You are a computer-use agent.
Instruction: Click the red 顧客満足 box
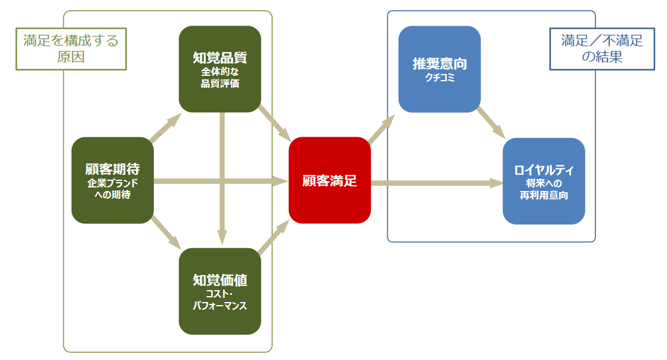[x=329, y=180]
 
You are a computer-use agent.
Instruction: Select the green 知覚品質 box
[x=220, y=69]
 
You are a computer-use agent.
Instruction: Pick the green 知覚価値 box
[x=220, y=291]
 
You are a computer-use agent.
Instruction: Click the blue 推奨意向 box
[x=439, y=69]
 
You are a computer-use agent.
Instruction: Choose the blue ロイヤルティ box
[x=544, y=181]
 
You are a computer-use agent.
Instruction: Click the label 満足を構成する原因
[x=71, y=49]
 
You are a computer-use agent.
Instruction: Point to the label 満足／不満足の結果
[x=601, y=49]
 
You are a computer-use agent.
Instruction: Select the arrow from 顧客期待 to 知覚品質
[x=166, y=128]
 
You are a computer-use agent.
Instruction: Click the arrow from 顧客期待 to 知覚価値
[x=166, y=232]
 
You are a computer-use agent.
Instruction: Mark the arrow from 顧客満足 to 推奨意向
[x=382, y=128]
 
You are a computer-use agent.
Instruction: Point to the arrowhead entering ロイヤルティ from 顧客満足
[x=496, y=182]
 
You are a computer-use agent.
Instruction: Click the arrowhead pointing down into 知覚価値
[x=222, y=239]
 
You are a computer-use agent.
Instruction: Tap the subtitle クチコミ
[x=440, y=77]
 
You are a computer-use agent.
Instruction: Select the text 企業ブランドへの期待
[x=113, y=189]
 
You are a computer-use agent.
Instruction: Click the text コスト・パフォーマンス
[x=220, y=300]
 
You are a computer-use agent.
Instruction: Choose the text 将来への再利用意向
[x=544, y=190]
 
